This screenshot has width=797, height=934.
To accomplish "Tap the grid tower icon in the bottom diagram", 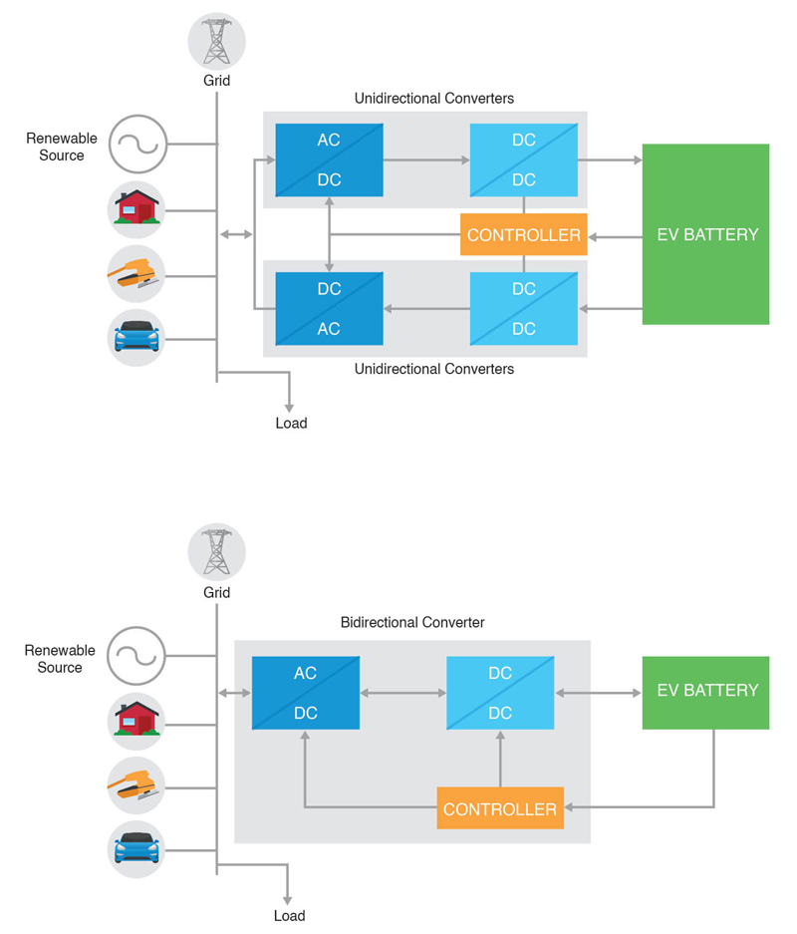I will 216,552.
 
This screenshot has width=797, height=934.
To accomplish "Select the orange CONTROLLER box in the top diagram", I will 524,235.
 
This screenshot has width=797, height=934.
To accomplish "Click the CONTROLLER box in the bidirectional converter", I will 500,808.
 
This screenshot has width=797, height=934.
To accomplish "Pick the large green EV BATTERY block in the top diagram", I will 706,234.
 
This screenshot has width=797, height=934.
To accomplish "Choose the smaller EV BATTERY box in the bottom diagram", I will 706,692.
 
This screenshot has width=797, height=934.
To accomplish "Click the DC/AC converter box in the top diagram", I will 329,309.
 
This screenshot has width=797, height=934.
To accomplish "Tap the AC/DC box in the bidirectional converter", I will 306,693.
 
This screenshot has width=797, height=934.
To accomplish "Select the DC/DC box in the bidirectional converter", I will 500,693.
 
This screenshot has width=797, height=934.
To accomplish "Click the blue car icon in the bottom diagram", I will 136,848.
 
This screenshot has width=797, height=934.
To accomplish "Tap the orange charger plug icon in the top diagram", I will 136,273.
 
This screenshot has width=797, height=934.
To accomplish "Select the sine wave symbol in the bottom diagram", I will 136,655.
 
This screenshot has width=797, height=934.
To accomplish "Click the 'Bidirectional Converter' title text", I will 412,622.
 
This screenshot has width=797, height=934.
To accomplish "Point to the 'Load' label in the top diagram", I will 291,423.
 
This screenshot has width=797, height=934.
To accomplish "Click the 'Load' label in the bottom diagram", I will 289,915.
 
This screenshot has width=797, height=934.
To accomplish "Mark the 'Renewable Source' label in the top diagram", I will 61,147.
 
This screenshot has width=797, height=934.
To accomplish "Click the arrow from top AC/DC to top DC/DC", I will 426,159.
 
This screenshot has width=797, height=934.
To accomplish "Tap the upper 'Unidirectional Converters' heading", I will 434,99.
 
